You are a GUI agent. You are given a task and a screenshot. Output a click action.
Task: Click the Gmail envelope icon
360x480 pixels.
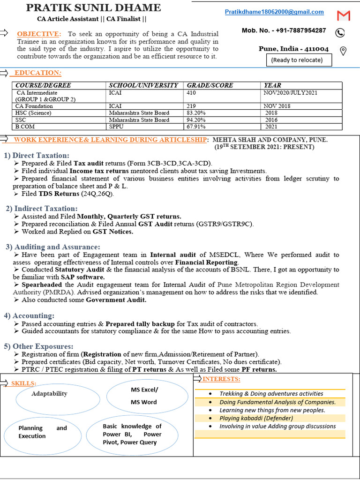click(344, 15)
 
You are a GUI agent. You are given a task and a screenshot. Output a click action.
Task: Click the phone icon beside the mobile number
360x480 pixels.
click(340, 32)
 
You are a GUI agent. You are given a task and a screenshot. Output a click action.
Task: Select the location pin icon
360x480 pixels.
click(343, 51)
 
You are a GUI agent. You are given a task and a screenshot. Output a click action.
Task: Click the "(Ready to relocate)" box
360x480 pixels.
click(297, 60)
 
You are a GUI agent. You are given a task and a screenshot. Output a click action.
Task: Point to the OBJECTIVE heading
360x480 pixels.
click(39, 34)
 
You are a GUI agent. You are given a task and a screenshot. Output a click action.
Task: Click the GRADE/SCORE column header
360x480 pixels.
click(210, 85)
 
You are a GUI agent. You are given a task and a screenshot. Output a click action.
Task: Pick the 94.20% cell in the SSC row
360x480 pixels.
click(197, 120)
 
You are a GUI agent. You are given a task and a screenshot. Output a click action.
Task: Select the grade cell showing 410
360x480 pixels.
click(192, 93)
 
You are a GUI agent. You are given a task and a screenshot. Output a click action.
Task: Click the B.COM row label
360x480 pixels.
click(25, 127)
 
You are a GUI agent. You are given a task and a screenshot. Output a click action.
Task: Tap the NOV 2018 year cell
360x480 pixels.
click(277, 106)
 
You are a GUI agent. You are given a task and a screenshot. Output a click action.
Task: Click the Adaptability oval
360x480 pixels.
click(50, 394)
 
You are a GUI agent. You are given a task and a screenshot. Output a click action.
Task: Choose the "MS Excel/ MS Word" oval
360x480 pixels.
click(144, 396)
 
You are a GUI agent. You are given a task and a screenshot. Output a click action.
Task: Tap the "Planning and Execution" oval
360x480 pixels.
click(42, 432)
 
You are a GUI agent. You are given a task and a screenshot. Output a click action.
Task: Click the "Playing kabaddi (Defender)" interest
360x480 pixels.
click(256, 418)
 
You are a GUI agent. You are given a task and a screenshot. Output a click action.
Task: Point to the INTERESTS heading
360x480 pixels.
click(222, 379)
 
